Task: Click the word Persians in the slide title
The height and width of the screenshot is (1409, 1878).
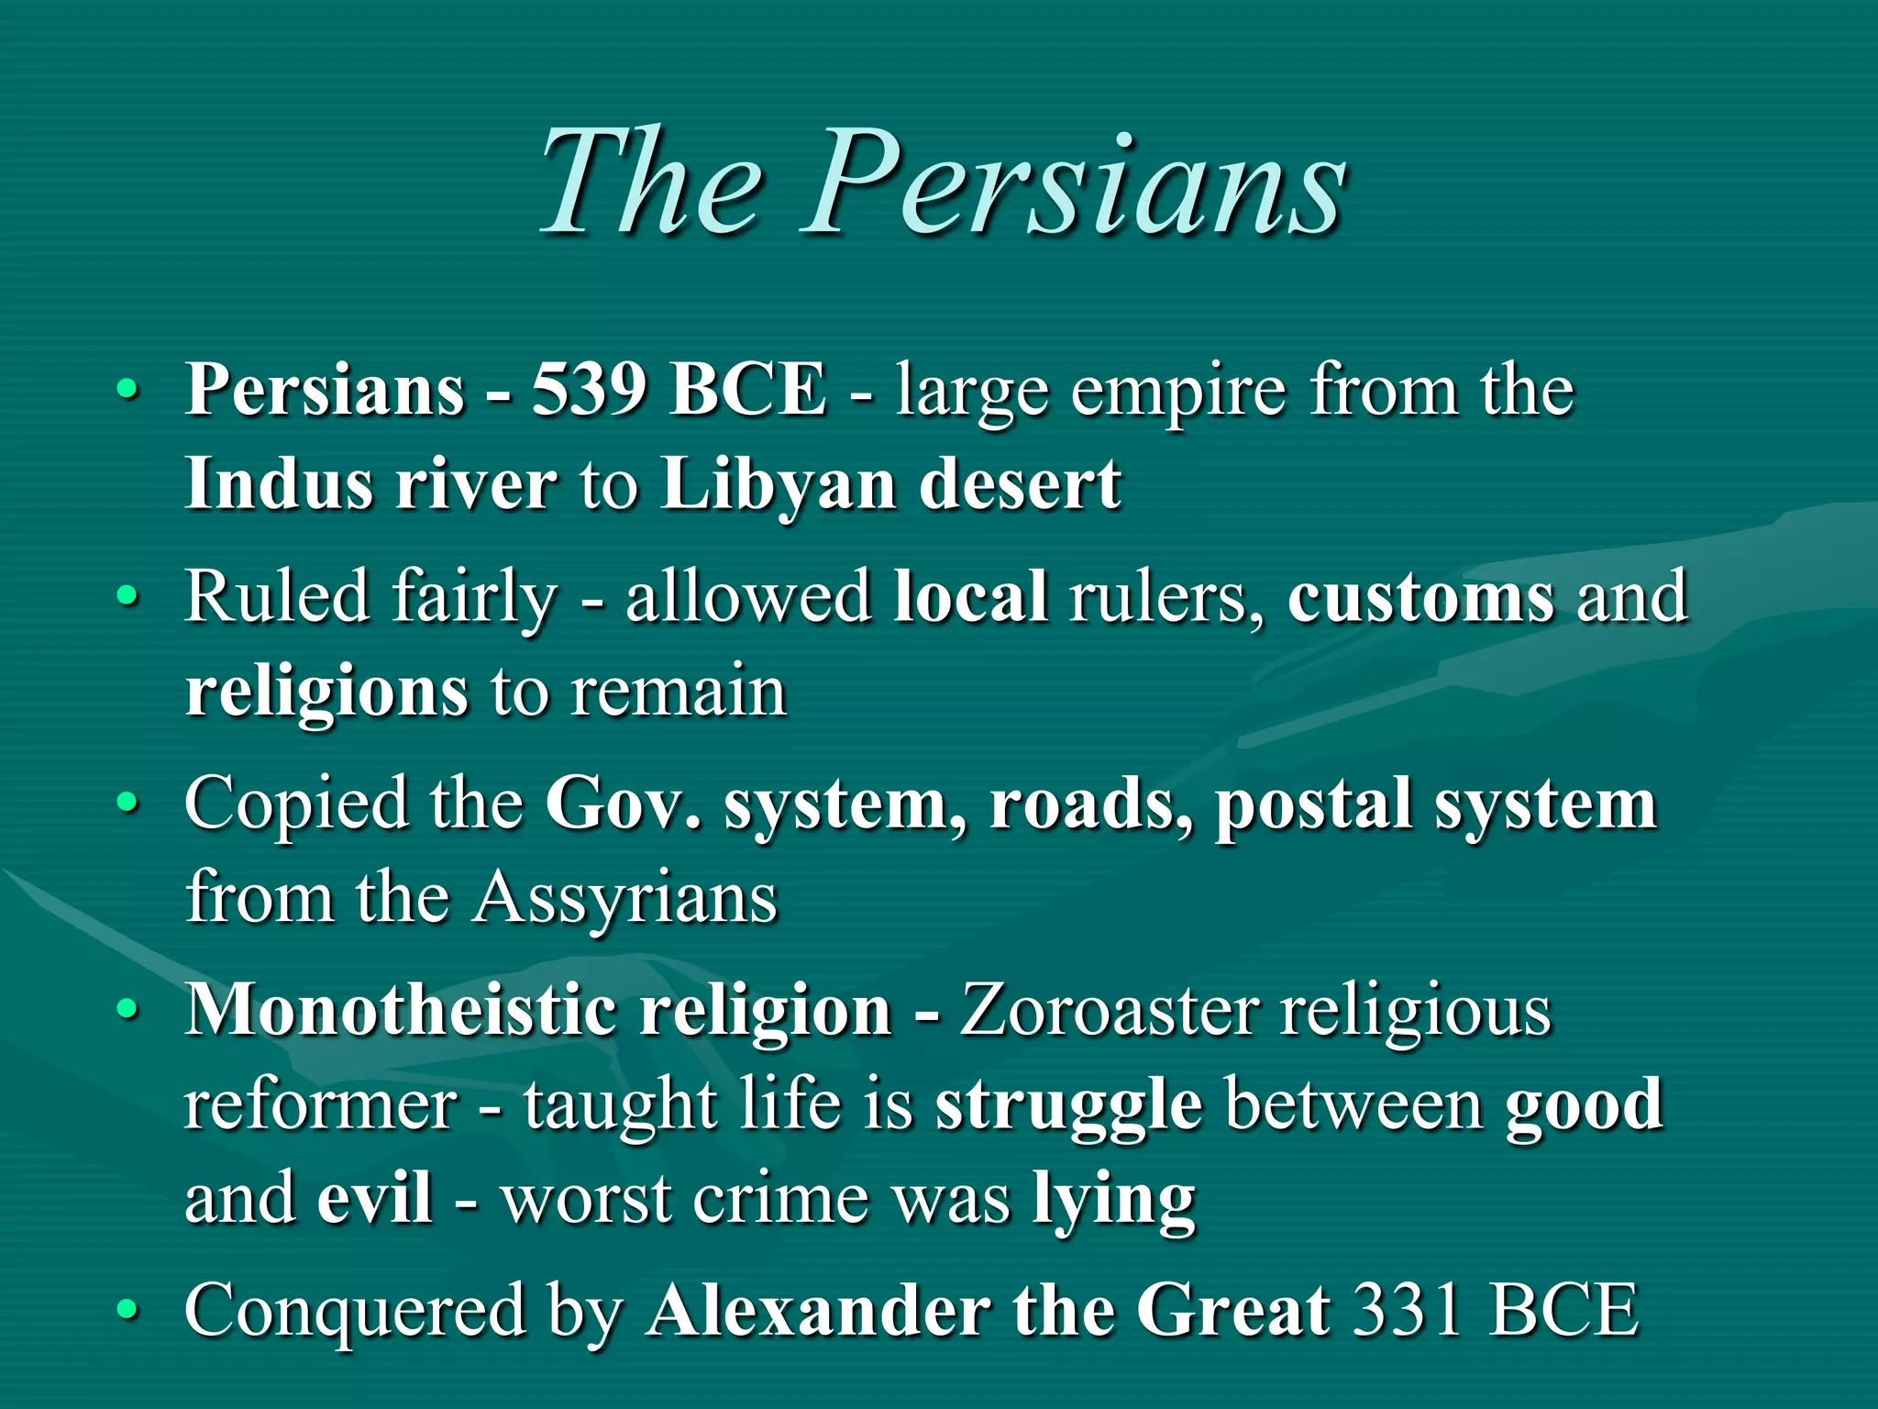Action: click(x=1073, y=183)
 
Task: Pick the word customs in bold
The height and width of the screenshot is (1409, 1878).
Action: click(x=1420, y=597)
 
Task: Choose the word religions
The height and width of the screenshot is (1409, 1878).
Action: click(x=326, y=693)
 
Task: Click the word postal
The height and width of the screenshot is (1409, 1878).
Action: click(x=1313, y=804)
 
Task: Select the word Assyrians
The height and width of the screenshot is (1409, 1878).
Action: click(x=626, y=899)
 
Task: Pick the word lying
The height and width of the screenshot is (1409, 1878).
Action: click(x=1114, y=1200)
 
